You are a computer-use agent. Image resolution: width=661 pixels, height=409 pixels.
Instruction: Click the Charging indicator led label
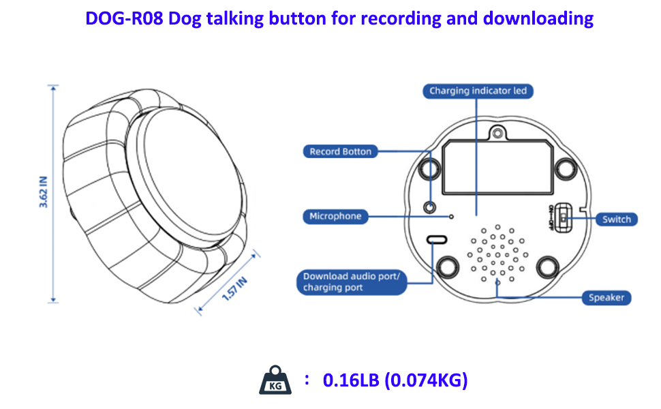point(478,91)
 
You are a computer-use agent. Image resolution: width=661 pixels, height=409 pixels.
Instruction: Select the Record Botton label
point(340,151)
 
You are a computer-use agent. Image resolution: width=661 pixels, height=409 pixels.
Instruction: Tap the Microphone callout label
point(335,217)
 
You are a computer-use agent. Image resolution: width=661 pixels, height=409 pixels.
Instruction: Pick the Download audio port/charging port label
point(352,282)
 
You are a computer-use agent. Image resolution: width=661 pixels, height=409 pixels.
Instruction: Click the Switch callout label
point(616,219)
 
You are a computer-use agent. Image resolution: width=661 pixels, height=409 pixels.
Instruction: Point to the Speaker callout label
point(606,298)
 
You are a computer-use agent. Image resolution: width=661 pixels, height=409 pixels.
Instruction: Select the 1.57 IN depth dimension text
point(233,289)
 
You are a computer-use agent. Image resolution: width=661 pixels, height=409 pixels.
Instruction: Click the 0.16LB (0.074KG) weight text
point(395,380)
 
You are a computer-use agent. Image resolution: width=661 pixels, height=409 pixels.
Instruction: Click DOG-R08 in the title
point(124,18)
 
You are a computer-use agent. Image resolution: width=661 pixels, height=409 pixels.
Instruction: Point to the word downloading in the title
point(538,18)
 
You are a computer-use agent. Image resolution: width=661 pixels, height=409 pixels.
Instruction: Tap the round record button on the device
point(430,206)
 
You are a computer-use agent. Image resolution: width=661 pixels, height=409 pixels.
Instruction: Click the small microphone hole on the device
point(451,217)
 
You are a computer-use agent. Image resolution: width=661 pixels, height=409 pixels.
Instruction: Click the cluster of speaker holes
point(497,254)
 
